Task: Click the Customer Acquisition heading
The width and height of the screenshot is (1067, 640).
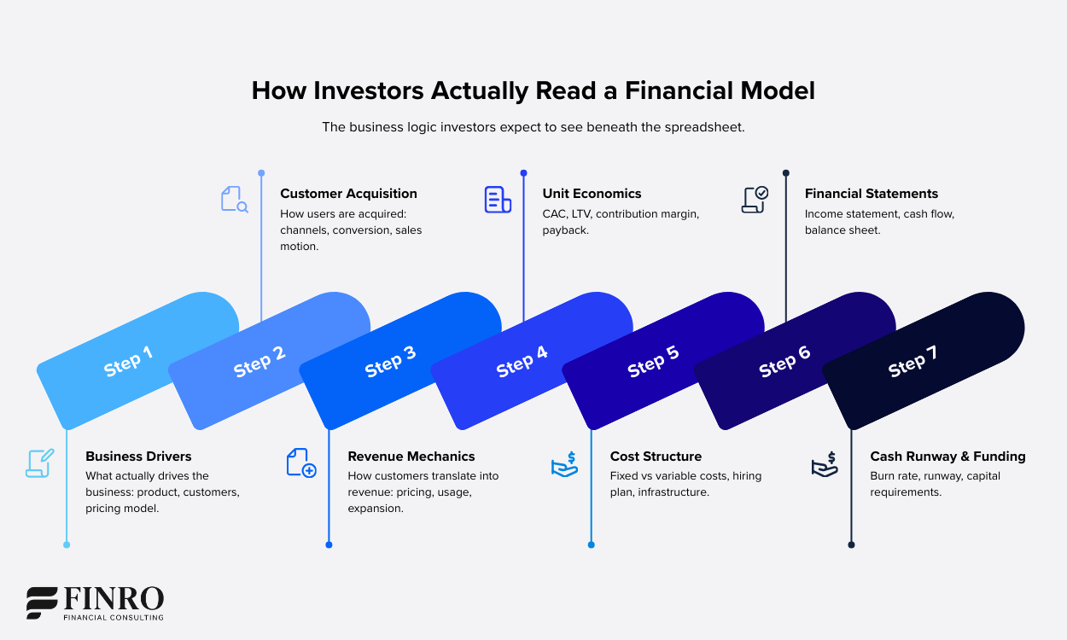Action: click(348, 194)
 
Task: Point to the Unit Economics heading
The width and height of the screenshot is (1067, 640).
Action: click(592, 194)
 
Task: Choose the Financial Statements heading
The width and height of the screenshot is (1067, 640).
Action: click(871, 194)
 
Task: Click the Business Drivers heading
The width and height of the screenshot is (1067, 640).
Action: click(138, 457)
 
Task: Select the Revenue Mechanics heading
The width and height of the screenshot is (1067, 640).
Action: click(411, 457)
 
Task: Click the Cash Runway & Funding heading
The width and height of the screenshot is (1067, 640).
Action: click(947, 457)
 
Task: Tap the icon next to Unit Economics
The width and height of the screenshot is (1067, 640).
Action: click(497, 200)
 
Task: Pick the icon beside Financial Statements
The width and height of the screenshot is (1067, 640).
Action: click(755, 200)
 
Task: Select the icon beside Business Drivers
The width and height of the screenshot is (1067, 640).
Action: click(40, 463)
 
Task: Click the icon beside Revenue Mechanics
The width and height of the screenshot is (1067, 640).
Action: click(300, 463)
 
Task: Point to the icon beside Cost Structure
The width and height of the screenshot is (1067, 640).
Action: click(564, 464)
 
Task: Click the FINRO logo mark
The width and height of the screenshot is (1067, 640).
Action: click(41, 602)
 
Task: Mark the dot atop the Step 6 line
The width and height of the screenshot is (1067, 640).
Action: click(785, 173)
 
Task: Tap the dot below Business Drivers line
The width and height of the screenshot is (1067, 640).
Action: click(67, 544)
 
